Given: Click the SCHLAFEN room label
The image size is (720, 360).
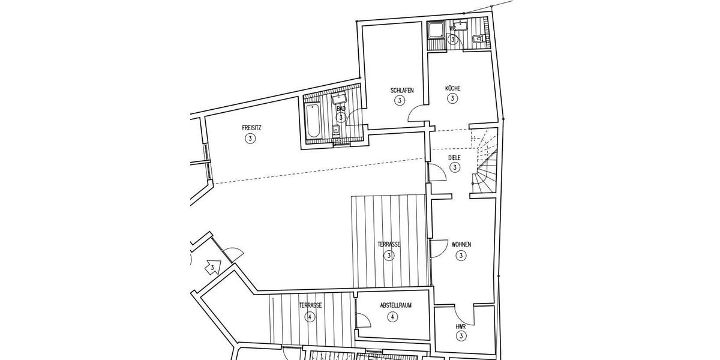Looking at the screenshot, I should [x=402, y=91].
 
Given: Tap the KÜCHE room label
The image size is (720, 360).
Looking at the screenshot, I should [x=452, y=88].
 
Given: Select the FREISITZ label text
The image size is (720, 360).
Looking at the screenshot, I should [x=251, y=128].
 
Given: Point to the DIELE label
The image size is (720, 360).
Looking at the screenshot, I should [x=455, y=158].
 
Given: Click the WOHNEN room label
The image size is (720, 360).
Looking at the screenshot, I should [x=461, y=245].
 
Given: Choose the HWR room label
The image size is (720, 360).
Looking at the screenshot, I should [x=461, y=326].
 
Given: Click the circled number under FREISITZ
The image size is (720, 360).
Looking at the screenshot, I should [x=250, y=139].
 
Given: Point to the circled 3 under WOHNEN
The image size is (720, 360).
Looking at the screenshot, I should [x=461, y=256].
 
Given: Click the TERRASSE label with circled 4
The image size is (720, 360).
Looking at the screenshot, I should [x=310, y=305].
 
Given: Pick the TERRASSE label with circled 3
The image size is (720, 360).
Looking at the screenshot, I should [x=389, y=245].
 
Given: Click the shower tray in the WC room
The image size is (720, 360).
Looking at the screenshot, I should [x=434, y=30].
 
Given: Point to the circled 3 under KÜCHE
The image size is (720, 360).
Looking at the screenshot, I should [x=452, y=99].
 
